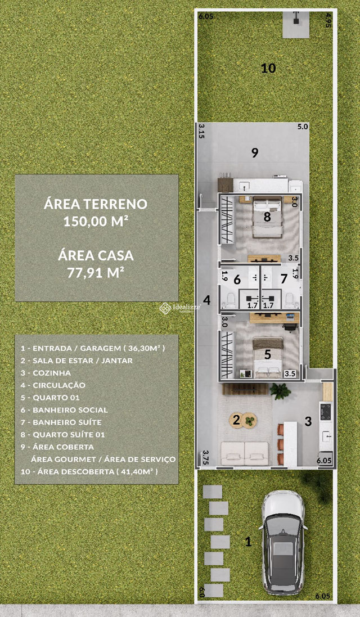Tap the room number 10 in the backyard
point(268,69)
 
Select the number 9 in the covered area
point(254,153)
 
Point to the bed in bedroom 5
point(268,358)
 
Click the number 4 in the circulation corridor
point(207,300)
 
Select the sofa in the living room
point(245,453)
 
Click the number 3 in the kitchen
point(308,421)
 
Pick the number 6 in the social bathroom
point(237,279)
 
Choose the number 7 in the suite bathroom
point(284,279)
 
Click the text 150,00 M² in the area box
point(96,221)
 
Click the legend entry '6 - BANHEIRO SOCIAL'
point(64,410)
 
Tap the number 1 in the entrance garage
point(248,542)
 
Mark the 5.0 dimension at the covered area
point(303,127)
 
